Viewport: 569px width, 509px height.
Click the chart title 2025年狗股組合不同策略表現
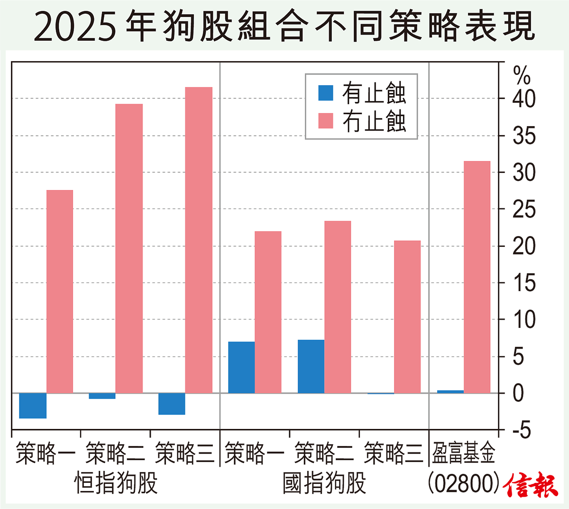click(284, 27)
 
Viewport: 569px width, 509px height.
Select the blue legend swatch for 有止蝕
click(326, 93)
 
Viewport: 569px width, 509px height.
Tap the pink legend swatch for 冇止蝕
click(326, 121)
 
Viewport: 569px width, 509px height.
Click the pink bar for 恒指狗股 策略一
click(60, 291)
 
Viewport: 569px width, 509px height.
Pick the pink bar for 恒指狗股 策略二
click(129, 248)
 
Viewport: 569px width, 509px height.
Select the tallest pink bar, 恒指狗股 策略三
click(199, 240)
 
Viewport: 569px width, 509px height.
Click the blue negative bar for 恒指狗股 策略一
click(33, 406)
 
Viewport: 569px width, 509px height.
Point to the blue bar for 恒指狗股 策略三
click(172, 404)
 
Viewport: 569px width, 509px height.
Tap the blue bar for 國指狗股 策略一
click(241, 367)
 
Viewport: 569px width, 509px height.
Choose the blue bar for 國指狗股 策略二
click(311, 366)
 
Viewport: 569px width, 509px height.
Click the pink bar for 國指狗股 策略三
click(407, 317)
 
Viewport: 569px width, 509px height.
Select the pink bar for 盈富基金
click(477, 277)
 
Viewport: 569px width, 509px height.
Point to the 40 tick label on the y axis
click(524, 99)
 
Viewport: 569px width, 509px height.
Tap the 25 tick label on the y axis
click(524, 209)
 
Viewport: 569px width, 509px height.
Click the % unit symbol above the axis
click(522, 74)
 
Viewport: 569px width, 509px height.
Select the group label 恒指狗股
click(116, 483)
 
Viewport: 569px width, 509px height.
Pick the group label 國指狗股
click(325, 483)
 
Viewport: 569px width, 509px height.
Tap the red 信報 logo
click(532, 485)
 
